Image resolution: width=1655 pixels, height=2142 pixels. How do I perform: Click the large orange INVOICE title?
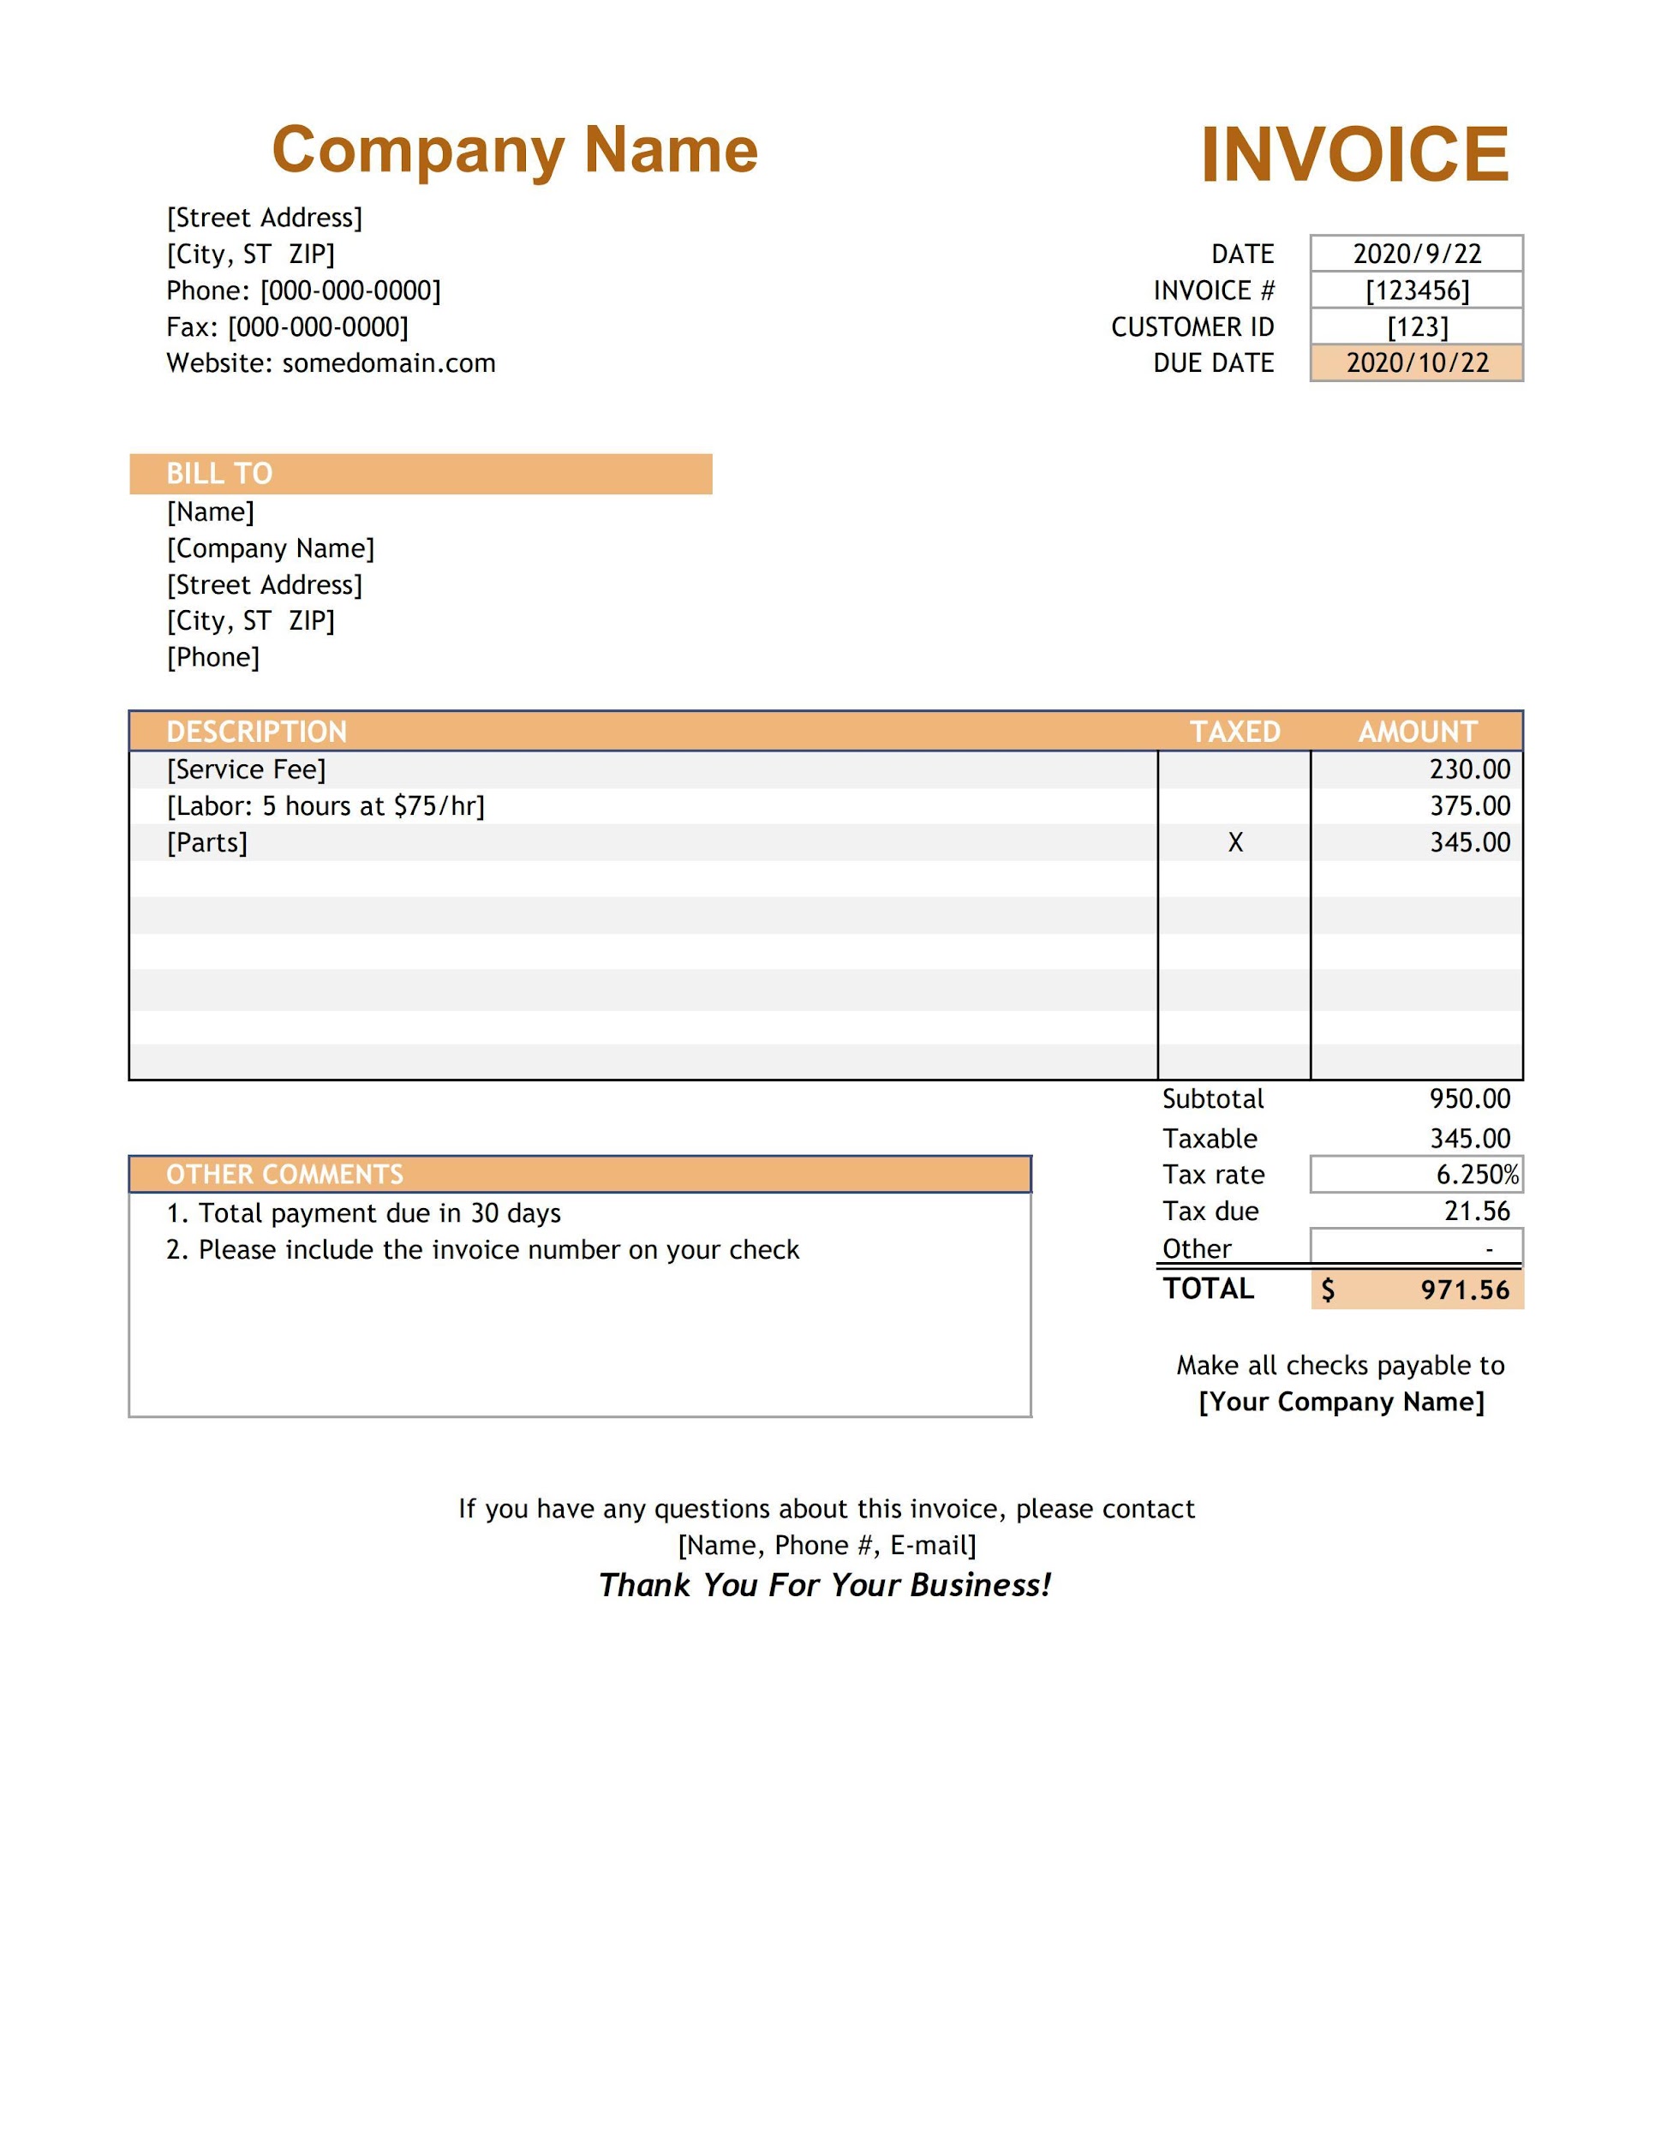click(x=1354, y=155)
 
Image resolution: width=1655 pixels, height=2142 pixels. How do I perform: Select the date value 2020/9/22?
click(x=1417, y=254)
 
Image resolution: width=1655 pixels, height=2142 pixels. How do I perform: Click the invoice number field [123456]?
click(x=1417, y=290)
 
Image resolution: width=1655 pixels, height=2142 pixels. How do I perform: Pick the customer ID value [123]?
click(x=1417, y=326)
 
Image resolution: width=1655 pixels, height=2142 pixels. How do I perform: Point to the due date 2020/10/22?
click(x=1417, y=363)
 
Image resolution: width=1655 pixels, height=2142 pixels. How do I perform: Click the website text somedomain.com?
click(x=388, y=363)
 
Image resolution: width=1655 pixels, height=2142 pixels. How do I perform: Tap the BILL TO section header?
click(x=219, y=474)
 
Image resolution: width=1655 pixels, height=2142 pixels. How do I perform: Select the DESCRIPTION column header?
click(x=257, y=732)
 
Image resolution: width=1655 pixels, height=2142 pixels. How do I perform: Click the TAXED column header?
click(x=1234, y=732)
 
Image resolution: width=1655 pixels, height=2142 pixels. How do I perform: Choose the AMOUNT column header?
click(x=1417, y=732)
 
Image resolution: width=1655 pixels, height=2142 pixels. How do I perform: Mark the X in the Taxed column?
click(x=1235, y=842)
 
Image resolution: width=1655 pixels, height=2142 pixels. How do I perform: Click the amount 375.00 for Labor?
click(x=1470, y=806)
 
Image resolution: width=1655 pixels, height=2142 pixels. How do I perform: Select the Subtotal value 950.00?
click(x=1470, y=1098)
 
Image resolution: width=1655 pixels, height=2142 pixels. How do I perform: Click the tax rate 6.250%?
click(x=1477, y=1175)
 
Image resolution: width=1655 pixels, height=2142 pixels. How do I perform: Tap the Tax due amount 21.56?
click(x=1477, y=1212)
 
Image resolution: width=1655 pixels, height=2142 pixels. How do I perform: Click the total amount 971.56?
click(x=1465, y=1289)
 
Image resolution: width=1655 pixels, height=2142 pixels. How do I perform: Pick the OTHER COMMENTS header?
click(x=284, y=1174)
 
